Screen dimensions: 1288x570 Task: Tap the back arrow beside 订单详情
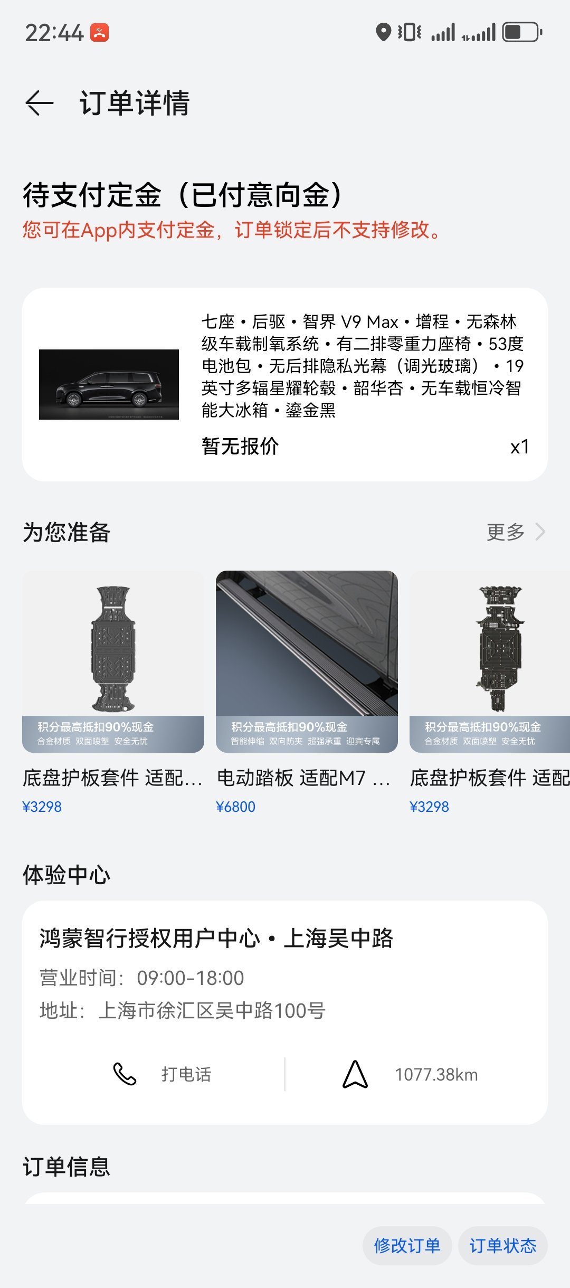40,102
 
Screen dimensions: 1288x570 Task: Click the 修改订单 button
407,1246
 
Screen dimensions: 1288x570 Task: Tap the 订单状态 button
502,1246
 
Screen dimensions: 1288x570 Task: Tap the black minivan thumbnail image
109,384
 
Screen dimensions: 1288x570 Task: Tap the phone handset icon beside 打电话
125,1074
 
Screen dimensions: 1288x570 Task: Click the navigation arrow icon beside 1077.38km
355,1074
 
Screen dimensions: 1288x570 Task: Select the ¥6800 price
235,807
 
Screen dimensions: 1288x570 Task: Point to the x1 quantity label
519,447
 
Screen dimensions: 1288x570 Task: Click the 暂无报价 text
240,447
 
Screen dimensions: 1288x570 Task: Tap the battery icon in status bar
522,32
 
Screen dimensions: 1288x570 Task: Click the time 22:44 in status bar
54,33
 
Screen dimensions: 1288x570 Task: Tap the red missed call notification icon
100,33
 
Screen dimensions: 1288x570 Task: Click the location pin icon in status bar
383,32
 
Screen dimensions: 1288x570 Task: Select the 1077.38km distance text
436,1075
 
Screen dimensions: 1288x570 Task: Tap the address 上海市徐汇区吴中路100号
211,1010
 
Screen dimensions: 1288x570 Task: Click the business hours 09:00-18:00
191,978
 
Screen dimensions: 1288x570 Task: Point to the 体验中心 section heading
66,875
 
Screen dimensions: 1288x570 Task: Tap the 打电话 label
186,1075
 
